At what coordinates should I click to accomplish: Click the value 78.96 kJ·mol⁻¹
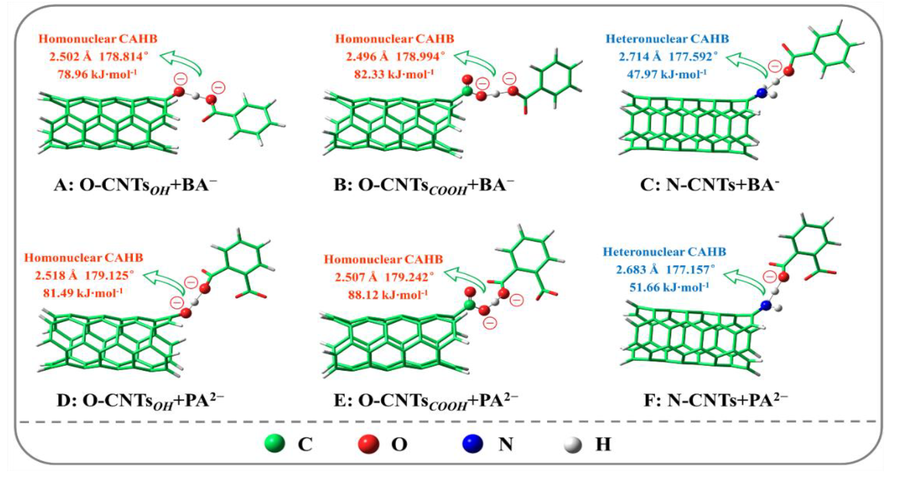pyautogui.click(x=97, y=74)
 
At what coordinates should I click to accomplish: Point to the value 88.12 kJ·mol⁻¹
pyautogui.click(x=388, y=295)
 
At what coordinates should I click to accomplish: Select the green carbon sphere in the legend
pyautogui.click(x=275, y=444)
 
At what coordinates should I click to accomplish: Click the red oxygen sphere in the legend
pyautogui.click(x=369, y=444)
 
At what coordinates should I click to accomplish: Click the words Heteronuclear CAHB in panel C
pyautogui.click(x=667, y=39)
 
